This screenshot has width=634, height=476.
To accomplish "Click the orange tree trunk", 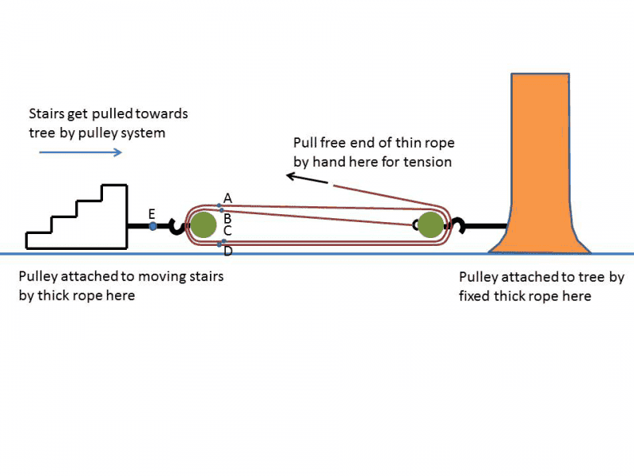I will pos(540,159).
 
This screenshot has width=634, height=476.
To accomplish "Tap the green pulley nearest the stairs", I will pos(203,225).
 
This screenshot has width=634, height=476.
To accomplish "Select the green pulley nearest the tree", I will pos(430,225).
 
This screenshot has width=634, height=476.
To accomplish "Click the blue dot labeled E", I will pos(153,227).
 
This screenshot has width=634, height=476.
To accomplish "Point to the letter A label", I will pos(227,198).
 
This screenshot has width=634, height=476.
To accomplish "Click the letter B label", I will pos(227,218).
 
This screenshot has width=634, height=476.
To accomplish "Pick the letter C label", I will pos(227,231).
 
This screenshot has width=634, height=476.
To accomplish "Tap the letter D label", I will pos(228,251).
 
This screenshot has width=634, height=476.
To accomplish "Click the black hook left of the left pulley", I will pos(176,227).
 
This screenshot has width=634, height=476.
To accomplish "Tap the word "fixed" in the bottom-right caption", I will pos(476,297).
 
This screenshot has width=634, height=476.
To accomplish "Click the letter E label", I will pos(152,213).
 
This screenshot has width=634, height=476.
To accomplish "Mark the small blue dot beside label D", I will pos(220,244).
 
